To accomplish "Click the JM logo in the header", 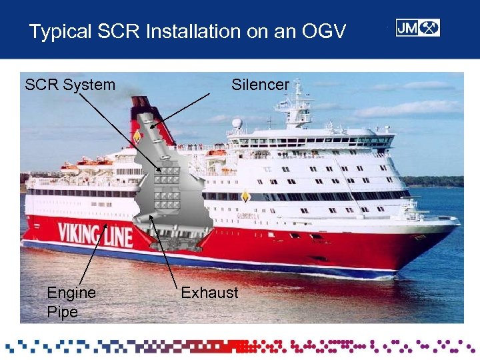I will tap(417, 28).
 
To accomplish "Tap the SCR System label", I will tap(69, 85).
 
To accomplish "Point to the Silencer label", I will tap(260, 85).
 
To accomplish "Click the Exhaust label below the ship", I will tap(209, 293).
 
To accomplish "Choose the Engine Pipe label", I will tap(71, 302).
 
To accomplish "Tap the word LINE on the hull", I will tap(117, 235).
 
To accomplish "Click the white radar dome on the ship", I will tap(237, 123).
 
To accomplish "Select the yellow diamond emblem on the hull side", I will tap(245, 196).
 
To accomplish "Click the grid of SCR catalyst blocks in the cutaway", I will tap(167, 187).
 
